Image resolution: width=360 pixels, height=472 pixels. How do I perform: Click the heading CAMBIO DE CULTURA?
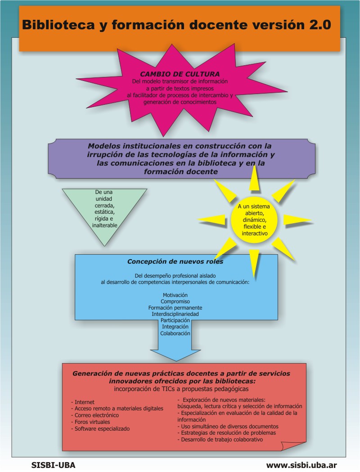tap(180, 74)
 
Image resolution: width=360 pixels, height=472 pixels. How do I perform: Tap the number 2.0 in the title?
tap(319, 25)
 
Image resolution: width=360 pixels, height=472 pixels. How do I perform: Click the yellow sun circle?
tap(254, 220)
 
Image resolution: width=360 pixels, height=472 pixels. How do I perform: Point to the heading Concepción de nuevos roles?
tap(175, 261)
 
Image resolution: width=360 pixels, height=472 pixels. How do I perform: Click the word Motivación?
tap(175, 295)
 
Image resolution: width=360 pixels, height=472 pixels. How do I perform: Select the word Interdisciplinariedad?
tap(175, 314)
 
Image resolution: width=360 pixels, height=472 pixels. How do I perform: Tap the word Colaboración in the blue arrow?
tap(175, 333)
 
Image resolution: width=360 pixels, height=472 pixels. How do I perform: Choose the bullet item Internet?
tap(83, 402)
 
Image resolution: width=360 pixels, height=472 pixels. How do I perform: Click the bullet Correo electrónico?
tap(95, 415)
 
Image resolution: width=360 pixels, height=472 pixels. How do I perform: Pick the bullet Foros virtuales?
tap(90, 422)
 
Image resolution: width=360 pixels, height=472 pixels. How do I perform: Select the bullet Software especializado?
tap(100, 429)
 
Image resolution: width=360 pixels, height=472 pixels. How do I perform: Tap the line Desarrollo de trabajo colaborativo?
tap(220, 440)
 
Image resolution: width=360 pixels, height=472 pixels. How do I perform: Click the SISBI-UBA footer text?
tap(53, 465)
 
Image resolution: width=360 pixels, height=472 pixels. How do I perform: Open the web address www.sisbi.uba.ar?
tap(301, 465)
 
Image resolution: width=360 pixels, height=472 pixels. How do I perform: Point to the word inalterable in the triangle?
tap(104, 225)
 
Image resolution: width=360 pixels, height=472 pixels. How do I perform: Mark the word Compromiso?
tap(175, 301)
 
